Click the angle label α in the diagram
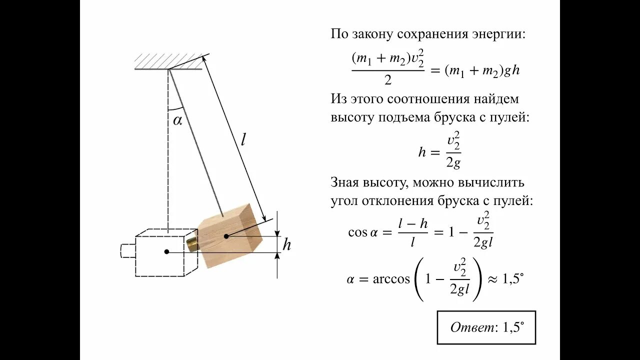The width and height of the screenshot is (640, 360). [x=177, y=120]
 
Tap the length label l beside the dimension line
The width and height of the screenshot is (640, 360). [x=243, y=139]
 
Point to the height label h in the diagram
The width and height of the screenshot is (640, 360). [x=286, y=245]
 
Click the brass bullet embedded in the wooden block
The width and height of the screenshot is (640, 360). [x=192, y=243]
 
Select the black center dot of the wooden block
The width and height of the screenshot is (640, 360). [x=226, y=235]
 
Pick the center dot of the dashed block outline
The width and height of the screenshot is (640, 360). [x=166, y=252]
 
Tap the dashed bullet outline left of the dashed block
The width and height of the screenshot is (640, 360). [x=128, y=250]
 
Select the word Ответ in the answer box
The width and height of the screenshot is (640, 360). [x=471, y=327]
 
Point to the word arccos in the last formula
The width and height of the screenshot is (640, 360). [x=391, y=279]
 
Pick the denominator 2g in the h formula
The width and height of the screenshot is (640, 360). [x=453, y=162]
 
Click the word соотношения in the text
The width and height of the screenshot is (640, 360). [x=426, y=99]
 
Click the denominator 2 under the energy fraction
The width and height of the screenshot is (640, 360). [x=387, y=79]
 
